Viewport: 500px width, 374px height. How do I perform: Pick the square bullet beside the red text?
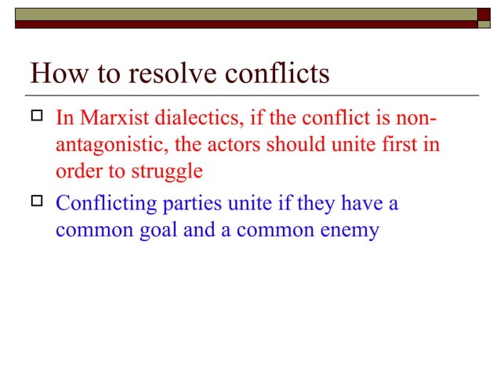coord(36,119)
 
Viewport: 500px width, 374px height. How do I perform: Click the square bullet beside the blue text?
coord(36,204)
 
